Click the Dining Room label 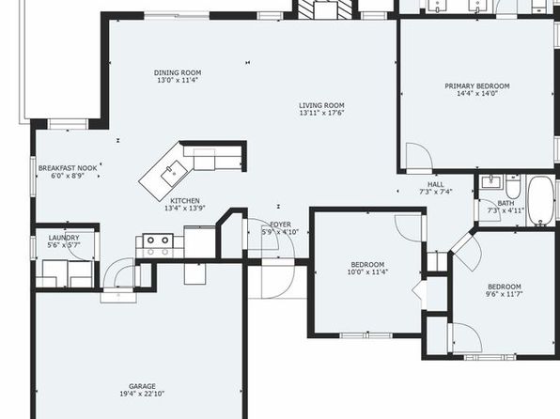(x=178, y=73)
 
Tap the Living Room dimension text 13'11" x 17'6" (x=321, y=114)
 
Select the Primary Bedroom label (x=477, y=86)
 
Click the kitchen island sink (x=174, y=173)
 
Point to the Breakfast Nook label (x=68, y=168)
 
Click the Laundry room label (x=64, y=238)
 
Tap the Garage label (x=142, y=386)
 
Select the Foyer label (x=280, y=225)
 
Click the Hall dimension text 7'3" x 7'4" (x=436, y=192)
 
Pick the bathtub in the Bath (x=541, y=201)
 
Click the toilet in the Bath (x=513, y=186)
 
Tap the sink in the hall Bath (x=491, y=182)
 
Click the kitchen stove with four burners (x=158, y=246)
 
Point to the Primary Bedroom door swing (x=420, y=156)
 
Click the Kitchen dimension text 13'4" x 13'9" (x=185, y=209)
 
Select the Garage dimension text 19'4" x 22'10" (x=142, y=394)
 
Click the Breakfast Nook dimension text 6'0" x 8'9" (x=68, y=176)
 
